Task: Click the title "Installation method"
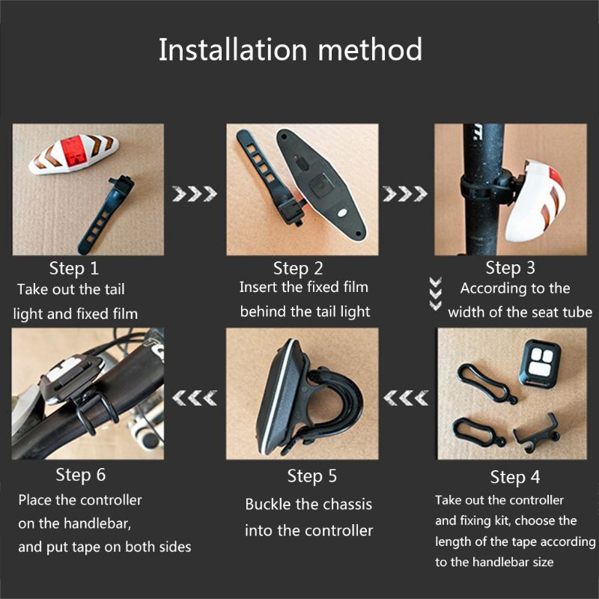[x=291, y=50]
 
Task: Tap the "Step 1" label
[x=74, y=268]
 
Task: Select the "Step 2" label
[x=298, y=268]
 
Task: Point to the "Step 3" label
[x=510, y=268]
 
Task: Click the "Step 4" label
[x=515, y=477]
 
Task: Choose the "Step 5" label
[x=312, y=476]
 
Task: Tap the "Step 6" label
[x=81, y=475]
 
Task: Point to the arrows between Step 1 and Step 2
[x=191, y=195]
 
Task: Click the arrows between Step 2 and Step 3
[x=401, y=195]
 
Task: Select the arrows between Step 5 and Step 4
[x=405, y=394]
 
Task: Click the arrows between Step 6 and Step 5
[x=194, y=394]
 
